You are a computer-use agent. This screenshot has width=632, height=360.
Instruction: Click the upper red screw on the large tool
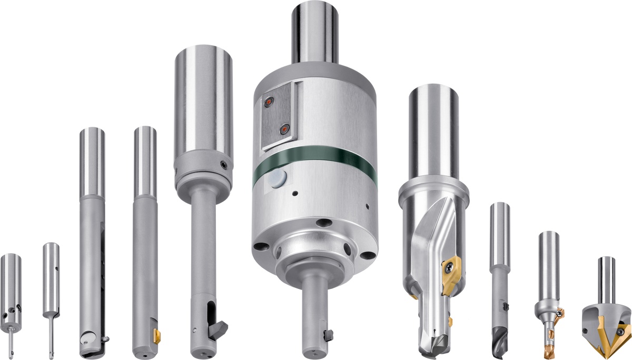coord(270,101)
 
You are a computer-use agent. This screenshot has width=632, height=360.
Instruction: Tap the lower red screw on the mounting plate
coord(285,128)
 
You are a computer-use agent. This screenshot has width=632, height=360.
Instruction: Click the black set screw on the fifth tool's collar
coord(225,164)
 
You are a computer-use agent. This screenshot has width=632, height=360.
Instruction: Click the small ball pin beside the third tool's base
coord(106,338)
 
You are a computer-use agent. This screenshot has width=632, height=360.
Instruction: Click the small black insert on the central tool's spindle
coord(328,334)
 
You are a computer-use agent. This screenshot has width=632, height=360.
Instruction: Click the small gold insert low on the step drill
coord(450,321)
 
